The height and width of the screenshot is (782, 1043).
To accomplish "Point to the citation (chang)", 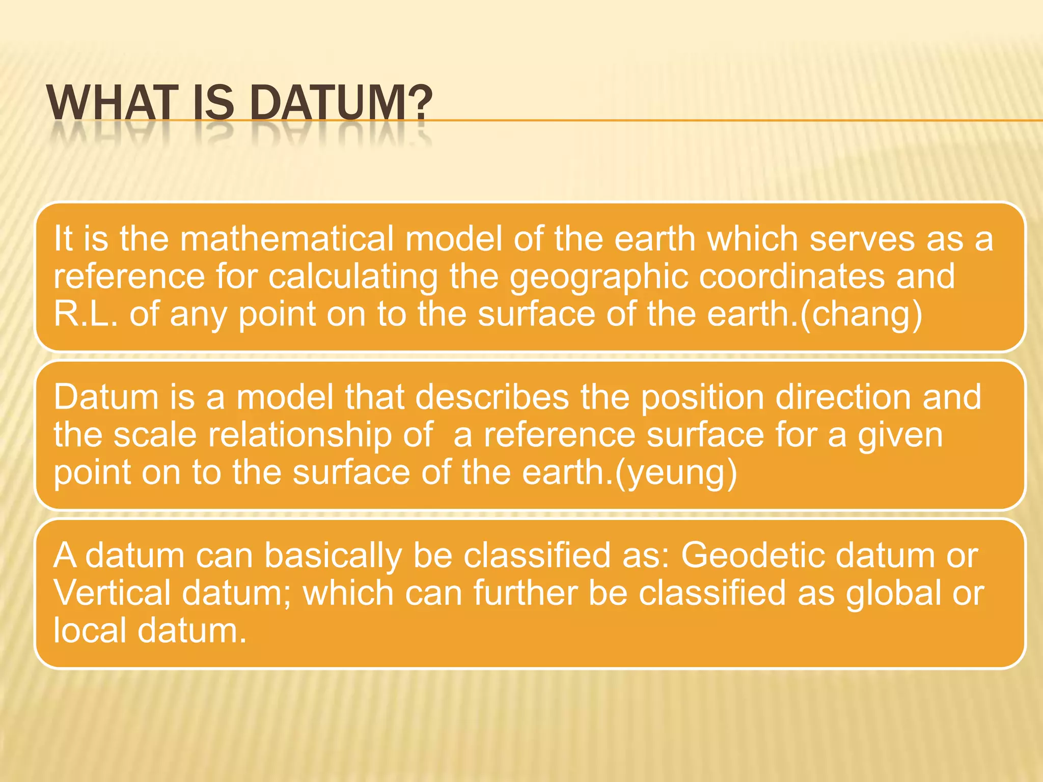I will pyautogui.click(x=861, y=315).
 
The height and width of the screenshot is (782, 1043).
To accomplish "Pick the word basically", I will pyautogui.click(x=333, y=556).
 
